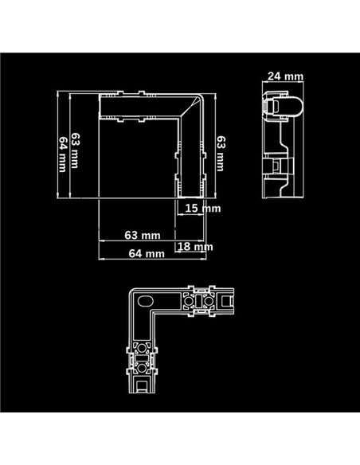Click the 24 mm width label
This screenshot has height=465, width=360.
[x=285, y=76]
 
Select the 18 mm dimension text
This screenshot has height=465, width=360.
[x=196, y=247]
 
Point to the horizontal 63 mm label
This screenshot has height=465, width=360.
[x=142, y=236]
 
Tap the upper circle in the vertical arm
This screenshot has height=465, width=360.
[x=146, y=348]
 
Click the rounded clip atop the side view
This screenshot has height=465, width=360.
[x=282, y=104]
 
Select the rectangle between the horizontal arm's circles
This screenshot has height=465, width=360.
[x=198, y=303]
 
